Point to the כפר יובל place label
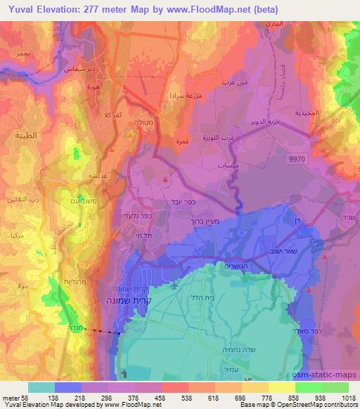(x=164, y=202)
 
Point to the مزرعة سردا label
(x=182, y=93)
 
